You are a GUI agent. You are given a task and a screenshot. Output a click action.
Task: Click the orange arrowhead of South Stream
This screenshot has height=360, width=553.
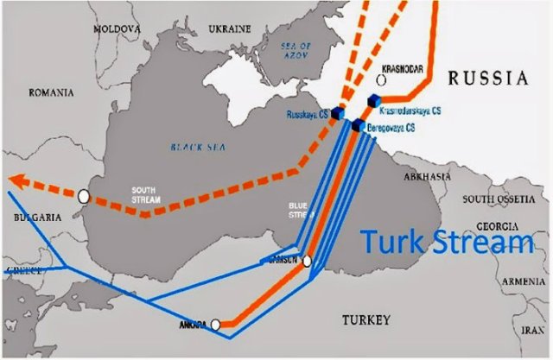coord(20,180)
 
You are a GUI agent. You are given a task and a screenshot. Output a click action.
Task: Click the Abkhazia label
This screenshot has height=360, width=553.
coord(427,177)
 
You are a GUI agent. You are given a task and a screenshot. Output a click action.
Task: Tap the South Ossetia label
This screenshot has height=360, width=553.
coord(499,199)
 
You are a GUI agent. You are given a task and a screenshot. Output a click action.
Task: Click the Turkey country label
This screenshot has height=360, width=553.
coord(366,320)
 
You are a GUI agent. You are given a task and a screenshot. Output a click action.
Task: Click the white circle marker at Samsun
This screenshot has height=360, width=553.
coord(306,261)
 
